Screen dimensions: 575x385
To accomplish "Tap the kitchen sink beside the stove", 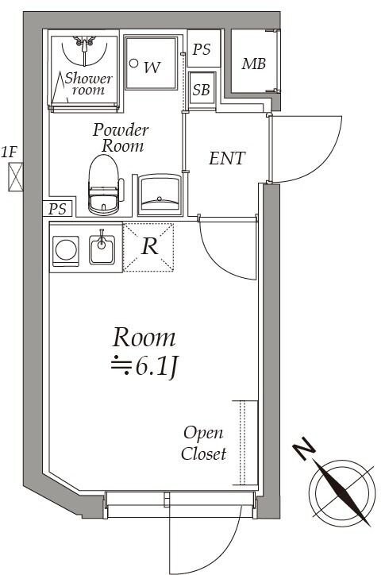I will coord(102,249).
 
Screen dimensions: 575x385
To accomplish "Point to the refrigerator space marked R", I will coord(149,246).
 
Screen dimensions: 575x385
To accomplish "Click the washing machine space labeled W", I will coord(152,67).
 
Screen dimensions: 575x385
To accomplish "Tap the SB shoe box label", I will coord(202,89).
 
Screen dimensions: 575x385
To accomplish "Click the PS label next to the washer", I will coord(202,49).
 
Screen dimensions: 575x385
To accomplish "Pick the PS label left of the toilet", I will coord(57,209).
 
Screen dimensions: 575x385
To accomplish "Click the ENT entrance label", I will coord(226,158).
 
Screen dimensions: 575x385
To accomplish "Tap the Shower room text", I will coord(88,83).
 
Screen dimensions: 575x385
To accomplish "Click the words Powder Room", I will coord(120,137).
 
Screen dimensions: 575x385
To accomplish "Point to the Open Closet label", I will coord(203,444).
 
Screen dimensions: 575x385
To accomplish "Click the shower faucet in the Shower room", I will coord(85,41).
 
